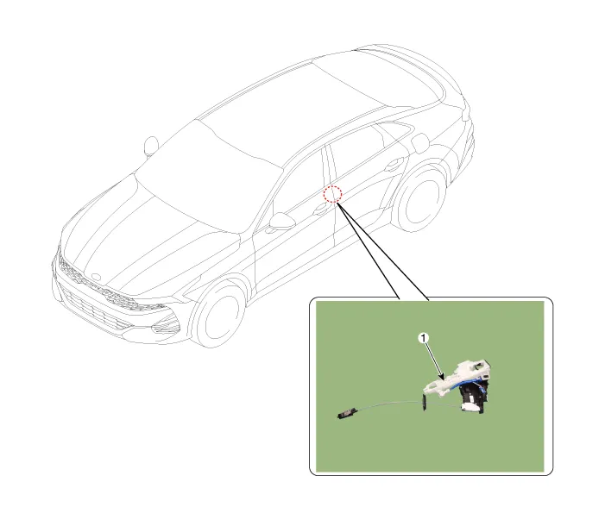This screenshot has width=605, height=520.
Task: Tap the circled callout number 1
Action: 424,338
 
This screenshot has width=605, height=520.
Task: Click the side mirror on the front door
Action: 281,222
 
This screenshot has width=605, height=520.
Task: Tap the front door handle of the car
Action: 321,210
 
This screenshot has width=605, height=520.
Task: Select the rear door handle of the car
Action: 394,166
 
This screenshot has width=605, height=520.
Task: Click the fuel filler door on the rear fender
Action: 420,142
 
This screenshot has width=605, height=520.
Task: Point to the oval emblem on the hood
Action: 96,277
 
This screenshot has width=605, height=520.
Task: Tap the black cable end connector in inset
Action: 349,413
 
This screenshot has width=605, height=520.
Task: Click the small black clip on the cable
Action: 425,403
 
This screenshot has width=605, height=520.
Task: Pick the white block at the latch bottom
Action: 470,407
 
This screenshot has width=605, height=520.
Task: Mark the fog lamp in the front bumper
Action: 166,328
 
